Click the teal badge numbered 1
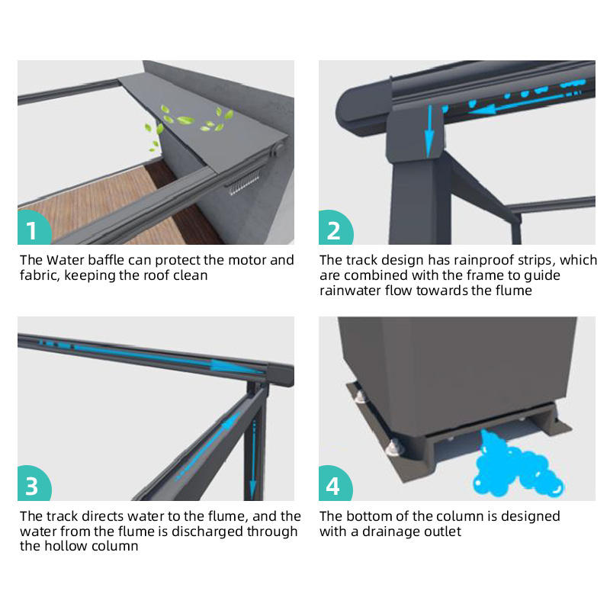pos(34,228)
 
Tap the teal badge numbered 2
pos(335,228)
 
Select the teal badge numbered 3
pos(34,483)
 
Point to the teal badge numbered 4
pos(335,483)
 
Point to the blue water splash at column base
pos(517,464)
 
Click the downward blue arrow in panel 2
pos(429,131)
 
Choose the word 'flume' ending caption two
pos(512,291)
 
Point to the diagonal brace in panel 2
pos(482,186)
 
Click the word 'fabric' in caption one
pos(40,275)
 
